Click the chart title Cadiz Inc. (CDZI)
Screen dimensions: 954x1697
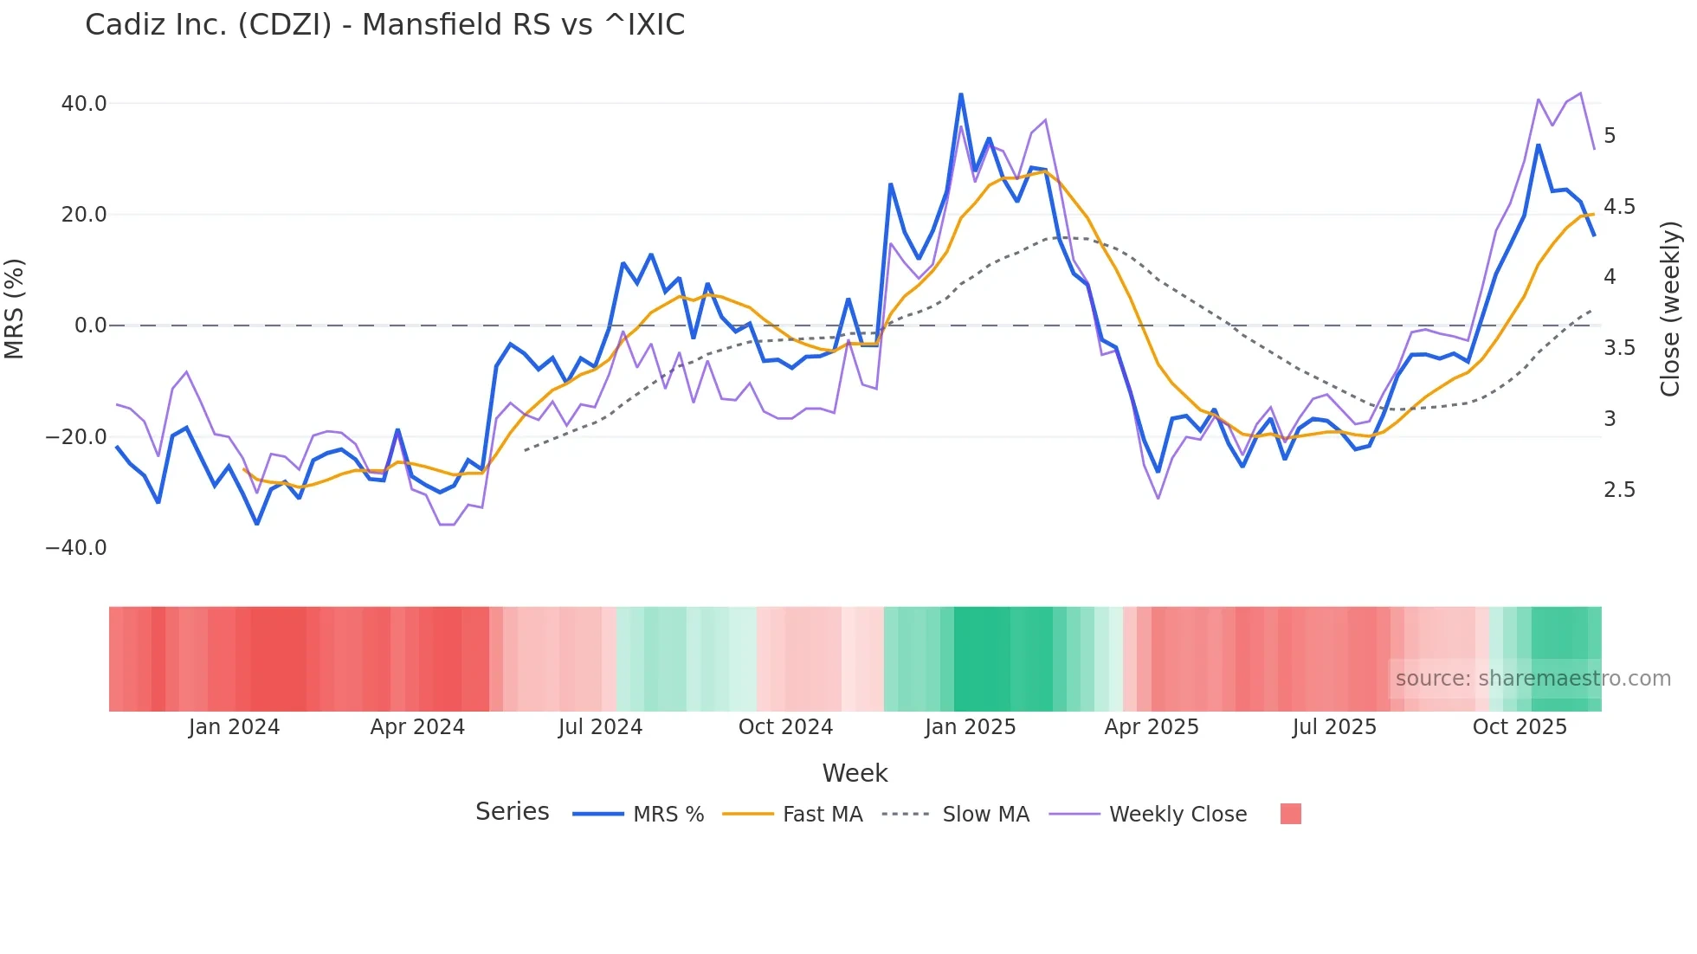coord(384,25)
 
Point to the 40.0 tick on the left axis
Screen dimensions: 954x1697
coord(84,104)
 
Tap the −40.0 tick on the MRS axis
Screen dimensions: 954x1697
coord(76,548)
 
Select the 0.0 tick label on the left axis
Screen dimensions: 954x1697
coord(91,326)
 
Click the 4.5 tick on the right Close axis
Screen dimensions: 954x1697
coord(1619,207)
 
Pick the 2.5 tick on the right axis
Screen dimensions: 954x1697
coord(1619,490)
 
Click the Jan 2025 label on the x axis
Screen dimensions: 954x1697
coord(970,727)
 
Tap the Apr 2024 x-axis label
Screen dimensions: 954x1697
coord(417,727)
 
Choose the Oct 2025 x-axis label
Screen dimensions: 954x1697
coord(1520,727)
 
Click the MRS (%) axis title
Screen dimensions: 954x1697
coord(15,309)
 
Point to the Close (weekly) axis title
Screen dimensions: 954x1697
coord(1670,309)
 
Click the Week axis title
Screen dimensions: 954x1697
coord(855,773)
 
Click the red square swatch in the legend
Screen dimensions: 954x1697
coord(1290,814)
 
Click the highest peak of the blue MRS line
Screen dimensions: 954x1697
coord(961,94)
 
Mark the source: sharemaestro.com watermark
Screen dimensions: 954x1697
coord(1532,679)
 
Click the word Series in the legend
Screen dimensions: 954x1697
coord(512,812)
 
